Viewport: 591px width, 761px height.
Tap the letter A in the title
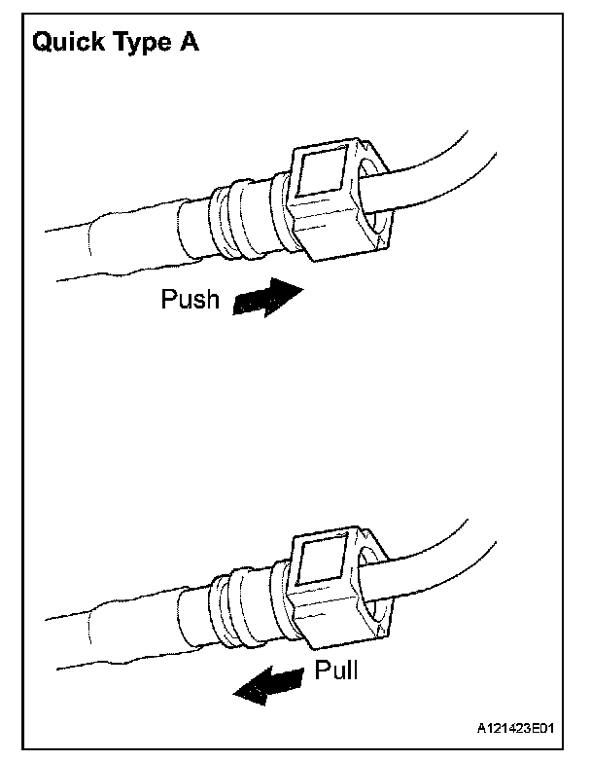click(189, 44)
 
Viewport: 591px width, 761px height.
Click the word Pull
click(336, 670)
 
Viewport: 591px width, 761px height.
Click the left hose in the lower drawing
click(107, 628)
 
